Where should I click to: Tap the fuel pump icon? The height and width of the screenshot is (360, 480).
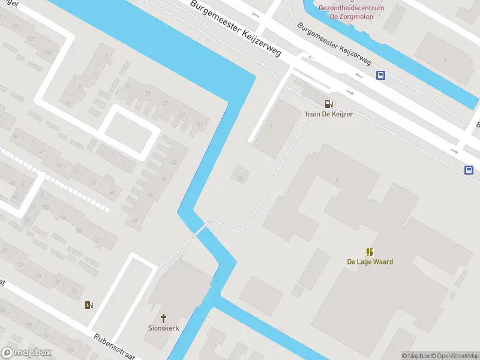tap(328, 103)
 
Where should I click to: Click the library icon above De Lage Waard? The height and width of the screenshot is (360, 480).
tap(370, 252)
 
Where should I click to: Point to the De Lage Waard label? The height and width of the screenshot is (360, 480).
tap(370, 262)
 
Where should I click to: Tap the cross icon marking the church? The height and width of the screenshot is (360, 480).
tap(163, 317)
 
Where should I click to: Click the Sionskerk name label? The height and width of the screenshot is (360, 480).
tap(163, 328)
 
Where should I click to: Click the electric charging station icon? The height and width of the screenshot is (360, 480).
tap(89, 305)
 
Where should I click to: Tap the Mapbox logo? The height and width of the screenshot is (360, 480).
tap(26, 353)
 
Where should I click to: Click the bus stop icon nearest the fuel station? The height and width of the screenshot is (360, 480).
tap(380, 75)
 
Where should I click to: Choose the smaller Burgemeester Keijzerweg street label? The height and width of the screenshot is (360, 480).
tap(333, 45)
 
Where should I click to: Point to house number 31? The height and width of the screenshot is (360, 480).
tap(200, 124)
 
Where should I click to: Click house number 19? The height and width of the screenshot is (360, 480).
tap(148, 94)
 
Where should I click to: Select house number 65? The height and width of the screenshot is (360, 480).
tap(112, 193)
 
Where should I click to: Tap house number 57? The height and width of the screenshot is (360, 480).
tap(77, 172)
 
